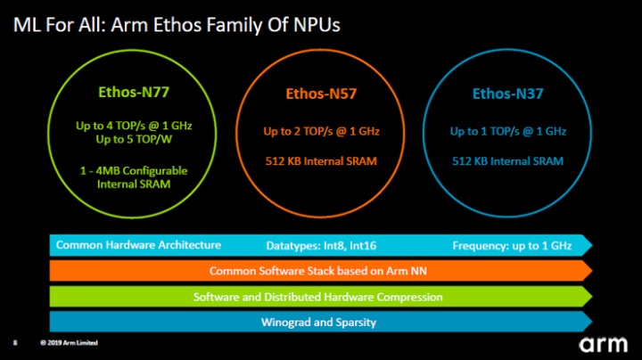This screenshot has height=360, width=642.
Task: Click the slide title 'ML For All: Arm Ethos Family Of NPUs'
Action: (177, 25)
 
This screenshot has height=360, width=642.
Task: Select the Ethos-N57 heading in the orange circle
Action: (320, 93)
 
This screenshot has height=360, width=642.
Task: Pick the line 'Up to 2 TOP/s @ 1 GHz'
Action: (321, 132)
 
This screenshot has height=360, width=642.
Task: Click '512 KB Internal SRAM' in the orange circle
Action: (321, 161)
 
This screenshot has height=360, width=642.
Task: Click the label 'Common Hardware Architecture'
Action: (138, 244)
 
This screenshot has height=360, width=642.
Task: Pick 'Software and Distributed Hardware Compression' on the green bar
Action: (318, 297)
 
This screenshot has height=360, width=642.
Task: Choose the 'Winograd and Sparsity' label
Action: (318, 322)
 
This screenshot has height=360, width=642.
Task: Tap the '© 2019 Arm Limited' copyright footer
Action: (70, 344)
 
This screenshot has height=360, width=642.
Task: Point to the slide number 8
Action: (15, 344)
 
